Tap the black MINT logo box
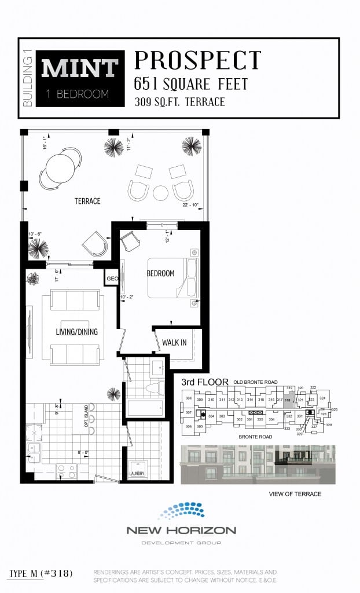coord(80,79)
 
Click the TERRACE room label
coord(87,201)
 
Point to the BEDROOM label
coord(160,273)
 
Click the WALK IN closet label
coord(174,342)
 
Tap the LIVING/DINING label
coord(76,332)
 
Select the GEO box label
coord(111,279)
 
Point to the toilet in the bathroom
coord(155,388)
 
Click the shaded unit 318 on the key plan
coord(288,400)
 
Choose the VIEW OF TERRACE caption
coord(295,494)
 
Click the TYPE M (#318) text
coord(41,573)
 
